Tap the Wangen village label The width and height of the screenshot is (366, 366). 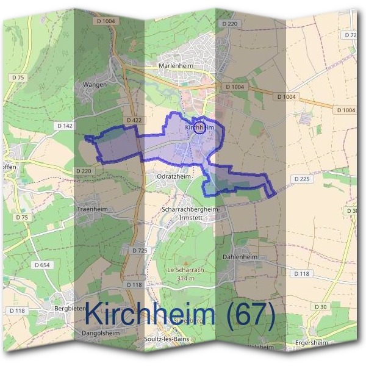pyautogui.click(x=94, y=84)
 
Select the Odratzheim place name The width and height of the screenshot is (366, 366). pyautogui.click(x=176, y=176)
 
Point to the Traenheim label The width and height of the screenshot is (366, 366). pyautogui.click(x=92, y=208)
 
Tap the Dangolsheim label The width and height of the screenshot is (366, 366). pyautogui.click(x=100, y=333)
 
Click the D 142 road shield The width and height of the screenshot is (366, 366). pyautogui.click(x=65, y=126)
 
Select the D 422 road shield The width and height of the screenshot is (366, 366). pyautogui.click(x=134, y=121)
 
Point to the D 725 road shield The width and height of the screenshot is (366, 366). pyautogui.click(x=140, y=251)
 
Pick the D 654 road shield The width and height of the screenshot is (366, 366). pyautogui.click(x=42, y=265)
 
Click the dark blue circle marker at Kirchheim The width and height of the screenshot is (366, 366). pyautogui.click(x=197, y=126)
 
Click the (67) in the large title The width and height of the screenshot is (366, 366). pyautogui.click(x=248, y=315)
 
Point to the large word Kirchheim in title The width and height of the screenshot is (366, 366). pyautogui.click(x=150, y=315)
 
